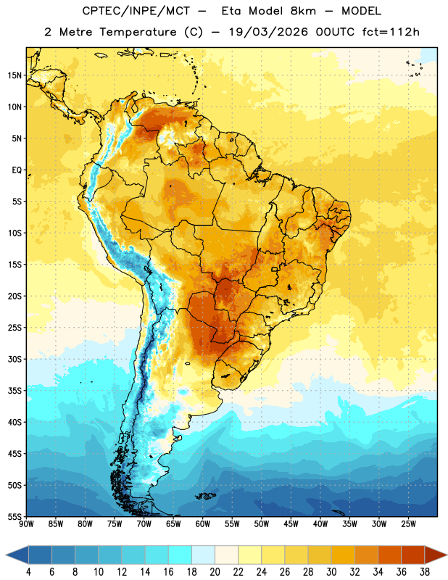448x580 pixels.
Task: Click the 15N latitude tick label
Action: coord(14,75)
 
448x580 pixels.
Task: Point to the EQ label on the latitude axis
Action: coord(17,170)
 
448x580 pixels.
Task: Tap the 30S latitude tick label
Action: coord(14,360)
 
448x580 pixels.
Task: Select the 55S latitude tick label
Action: coord(14,516)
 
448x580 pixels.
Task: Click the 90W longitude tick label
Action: coord(26,524)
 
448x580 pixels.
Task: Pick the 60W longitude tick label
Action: coord(203,524)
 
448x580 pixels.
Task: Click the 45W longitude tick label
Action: coord(291,524)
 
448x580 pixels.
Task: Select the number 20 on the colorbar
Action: coord(215,572)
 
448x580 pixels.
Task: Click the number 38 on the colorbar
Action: coord(424,572)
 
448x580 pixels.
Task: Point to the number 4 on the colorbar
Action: coord(28,572)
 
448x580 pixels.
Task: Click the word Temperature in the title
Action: coord(138,32)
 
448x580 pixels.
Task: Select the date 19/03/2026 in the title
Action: coord(268,32)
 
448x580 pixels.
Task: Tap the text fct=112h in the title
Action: coord(391,32)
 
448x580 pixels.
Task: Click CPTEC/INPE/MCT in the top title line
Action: coord(136,11)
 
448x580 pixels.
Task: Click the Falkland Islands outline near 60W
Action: coord(206,496)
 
